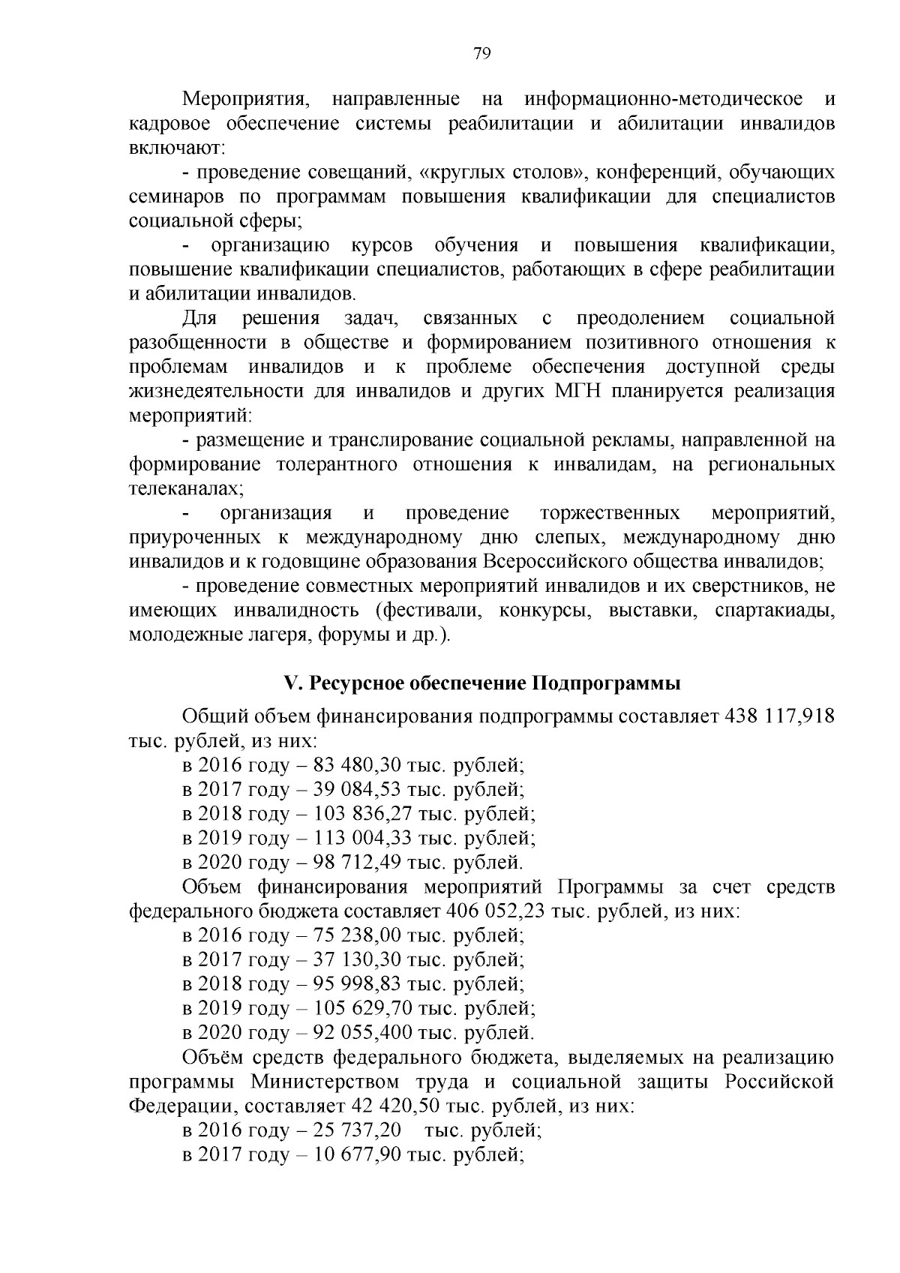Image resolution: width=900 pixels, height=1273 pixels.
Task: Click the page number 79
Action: pos(481,53)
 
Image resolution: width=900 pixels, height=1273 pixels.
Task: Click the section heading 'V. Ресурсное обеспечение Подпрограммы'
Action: pos(481,684)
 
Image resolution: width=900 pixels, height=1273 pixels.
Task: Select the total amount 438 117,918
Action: pos(778,716)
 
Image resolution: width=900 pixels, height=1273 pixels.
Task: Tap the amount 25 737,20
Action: pos(352,1130)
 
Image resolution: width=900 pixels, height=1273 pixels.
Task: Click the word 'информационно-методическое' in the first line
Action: pos(664,99)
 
